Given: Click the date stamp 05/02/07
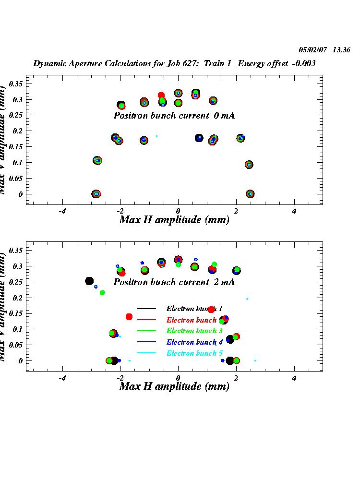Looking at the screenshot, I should pos(312,49).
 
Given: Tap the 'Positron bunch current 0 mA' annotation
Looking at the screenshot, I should pos(174,116).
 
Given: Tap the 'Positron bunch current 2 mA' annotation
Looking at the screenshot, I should pos(174,282).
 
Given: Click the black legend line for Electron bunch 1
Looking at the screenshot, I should pos(147,309).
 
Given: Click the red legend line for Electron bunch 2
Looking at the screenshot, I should pos(147,320).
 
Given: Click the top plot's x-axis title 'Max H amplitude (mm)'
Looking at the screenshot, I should pos(174,220).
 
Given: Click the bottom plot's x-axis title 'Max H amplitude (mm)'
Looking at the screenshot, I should pos(174,386).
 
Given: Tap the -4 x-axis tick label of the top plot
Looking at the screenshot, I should pos(61,211).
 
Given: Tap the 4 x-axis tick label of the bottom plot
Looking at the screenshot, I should pos(294,378).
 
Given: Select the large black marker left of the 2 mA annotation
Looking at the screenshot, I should pos(89,281).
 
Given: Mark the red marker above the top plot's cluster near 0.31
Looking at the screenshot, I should pos(161,96).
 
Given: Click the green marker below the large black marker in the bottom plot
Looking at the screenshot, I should pos(102,293).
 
